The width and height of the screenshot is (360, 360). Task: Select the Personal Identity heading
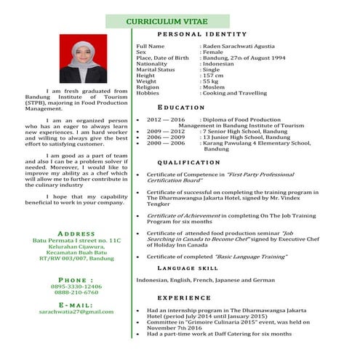tap(191, 35)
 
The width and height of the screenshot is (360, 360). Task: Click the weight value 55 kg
tap(212, 81)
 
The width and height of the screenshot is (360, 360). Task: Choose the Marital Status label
tap(156, 70)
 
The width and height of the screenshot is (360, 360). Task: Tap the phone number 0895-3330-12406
tap(76, 287)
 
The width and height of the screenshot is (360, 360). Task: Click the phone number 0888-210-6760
tap(76, 293)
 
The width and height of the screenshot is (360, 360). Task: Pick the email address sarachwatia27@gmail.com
tap(76, 311)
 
